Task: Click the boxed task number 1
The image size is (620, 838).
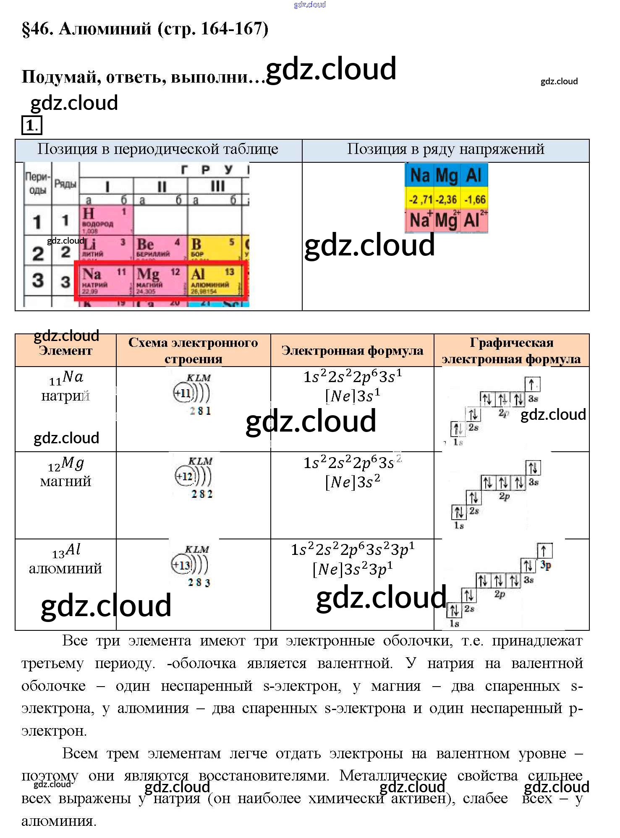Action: coord(32,125)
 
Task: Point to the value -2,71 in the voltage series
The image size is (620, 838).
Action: coord(421,200)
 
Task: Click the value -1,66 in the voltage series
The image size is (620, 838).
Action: coord(475,200)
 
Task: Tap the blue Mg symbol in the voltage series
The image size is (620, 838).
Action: coord(447,175)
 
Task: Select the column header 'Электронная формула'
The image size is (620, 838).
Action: coord(352,351)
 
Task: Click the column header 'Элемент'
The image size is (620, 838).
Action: coord(65,351)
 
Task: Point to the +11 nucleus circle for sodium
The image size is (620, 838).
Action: coord(183,393)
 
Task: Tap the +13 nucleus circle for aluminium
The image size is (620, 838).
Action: coord(182,565)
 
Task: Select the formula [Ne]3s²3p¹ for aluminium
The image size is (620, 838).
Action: coord(353,569)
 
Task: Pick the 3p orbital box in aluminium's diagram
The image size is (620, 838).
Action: coord(544,550)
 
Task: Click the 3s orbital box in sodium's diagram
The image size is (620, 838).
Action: coord(532,384)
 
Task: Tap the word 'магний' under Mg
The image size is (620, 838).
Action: coord(65,481)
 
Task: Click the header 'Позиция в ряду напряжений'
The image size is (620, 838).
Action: coord(445,149)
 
